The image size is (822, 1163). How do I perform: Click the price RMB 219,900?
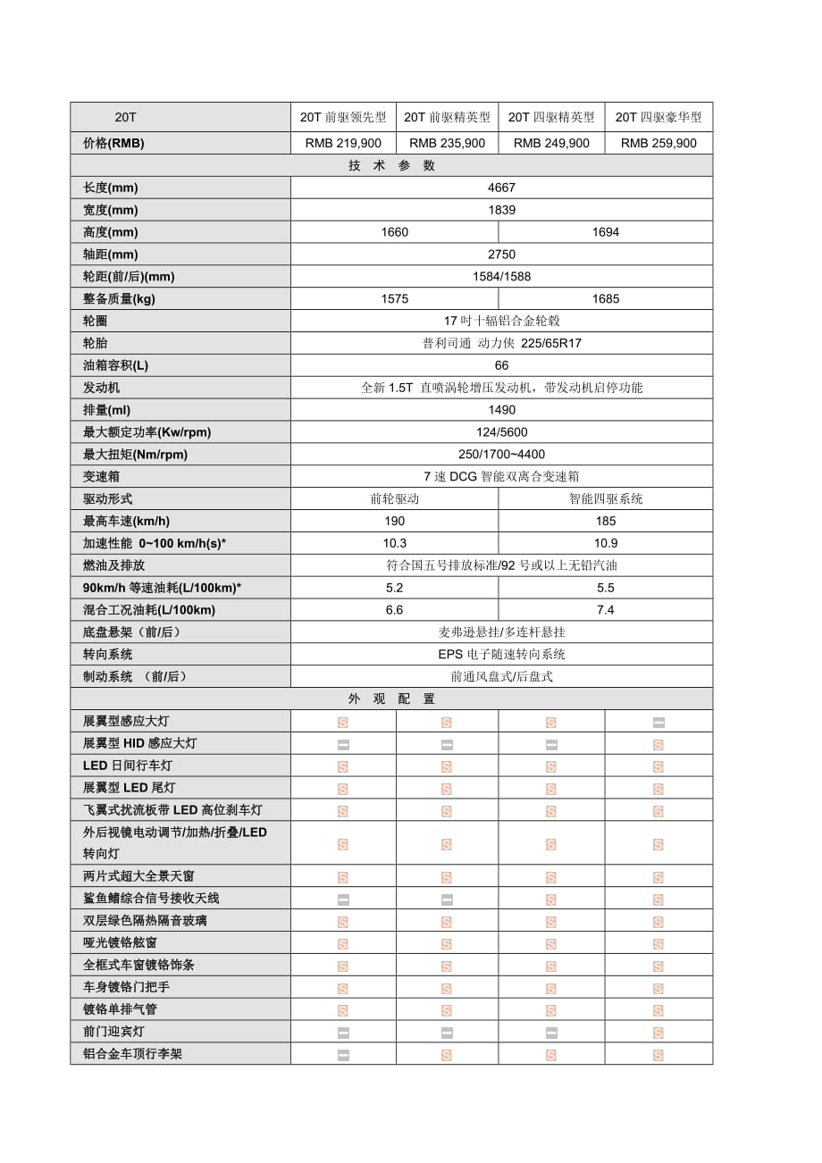[343, 143]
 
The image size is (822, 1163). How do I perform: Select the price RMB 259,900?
[658, 143]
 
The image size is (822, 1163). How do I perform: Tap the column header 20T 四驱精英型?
[551, 117]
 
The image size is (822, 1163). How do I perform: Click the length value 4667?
[501, 188]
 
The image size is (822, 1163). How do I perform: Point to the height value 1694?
[605, 232]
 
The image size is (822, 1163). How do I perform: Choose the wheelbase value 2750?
[501, 255]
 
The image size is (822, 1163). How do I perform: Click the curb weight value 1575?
[394, 299]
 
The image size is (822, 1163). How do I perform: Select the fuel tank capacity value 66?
[501, 365]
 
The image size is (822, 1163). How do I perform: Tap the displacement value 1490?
[501, 410]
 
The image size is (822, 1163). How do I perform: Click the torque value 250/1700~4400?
[501, 454]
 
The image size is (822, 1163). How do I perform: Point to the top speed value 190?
[394, 521]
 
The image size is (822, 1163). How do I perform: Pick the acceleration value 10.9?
[605, 543]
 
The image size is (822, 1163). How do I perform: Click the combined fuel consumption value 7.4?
[605, 610]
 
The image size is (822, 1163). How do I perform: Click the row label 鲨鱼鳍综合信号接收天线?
[151, 898]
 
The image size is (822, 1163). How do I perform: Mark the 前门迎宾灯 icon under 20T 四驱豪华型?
[658, 1033]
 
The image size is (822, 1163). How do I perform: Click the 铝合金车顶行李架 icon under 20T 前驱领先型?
[343, 1055]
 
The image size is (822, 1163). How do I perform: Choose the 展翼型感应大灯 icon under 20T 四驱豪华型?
[658, 722]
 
